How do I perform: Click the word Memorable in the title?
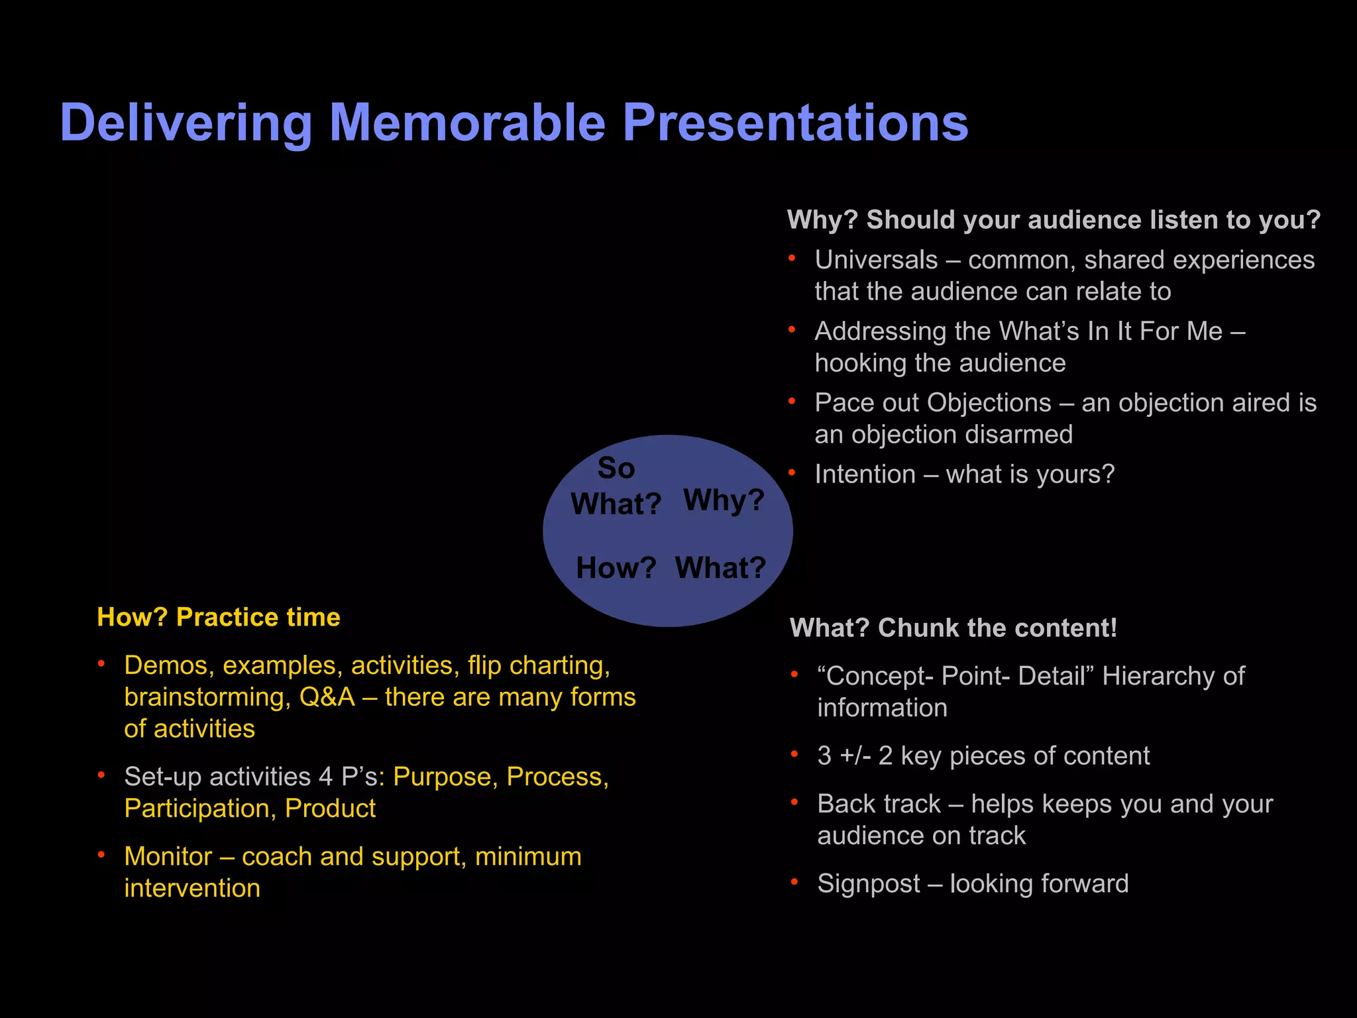pos(467,123)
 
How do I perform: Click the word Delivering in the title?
pos(186,124)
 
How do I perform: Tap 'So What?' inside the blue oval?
pos(616,486)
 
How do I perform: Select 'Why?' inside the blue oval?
pos(724,500)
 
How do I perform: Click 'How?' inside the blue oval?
pos(616,568)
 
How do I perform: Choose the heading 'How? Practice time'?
pos(218,617)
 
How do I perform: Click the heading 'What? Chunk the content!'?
pos(953,628)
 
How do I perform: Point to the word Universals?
pos(876,260)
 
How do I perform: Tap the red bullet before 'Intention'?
pos(792,473)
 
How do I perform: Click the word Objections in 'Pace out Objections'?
pos(989,403)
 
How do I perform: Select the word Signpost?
pos(868,883)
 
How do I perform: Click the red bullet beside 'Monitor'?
pos(101,855)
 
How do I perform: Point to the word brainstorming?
pos(207,697)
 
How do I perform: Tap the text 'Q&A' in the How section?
pos(327,697)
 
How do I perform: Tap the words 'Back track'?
pos(879,804)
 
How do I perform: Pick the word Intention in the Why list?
pos(865,475)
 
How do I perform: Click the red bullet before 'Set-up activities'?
pos(101,775)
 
